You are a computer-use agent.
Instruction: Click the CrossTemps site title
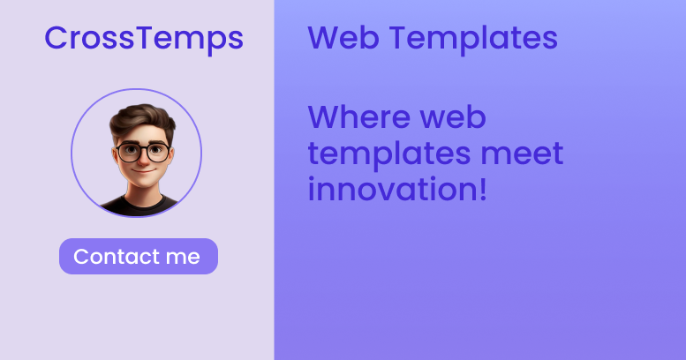coord(144,38)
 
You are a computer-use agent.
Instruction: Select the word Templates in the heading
coord(473,38)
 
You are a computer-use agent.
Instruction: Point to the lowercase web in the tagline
coord(454,117)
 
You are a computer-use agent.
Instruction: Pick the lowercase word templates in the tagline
coord(388,154)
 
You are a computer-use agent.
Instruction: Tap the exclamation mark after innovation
coord(482,189)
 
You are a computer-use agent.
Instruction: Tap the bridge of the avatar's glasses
coord(137,151)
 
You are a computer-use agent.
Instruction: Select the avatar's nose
coord(137,160)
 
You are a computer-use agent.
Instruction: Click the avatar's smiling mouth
coord(137,172)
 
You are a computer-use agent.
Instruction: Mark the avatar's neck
coord(137,191)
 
